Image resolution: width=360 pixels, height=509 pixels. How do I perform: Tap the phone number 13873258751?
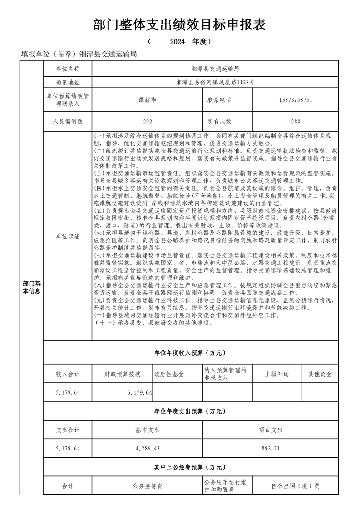296,100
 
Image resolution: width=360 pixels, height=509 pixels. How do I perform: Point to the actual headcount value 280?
296,122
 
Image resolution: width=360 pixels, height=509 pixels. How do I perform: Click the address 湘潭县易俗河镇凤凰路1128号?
215,83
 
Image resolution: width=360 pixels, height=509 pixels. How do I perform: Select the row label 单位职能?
67,236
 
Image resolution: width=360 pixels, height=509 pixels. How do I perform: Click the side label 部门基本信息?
31,287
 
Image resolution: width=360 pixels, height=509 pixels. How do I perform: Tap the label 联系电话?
219,100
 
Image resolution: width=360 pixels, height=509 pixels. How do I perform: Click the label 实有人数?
219,122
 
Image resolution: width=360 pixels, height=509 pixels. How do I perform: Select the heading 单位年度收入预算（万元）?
190,352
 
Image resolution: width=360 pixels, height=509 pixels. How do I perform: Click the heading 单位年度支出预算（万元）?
190,411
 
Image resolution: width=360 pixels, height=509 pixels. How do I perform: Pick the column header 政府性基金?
169,374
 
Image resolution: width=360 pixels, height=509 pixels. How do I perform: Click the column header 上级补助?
277,374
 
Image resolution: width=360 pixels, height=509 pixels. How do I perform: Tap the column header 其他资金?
320,374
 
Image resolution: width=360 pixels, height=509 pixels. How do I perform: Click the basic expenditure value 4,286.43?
148,448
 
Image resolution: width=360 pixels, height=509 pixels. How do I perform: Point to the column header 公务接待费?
148,486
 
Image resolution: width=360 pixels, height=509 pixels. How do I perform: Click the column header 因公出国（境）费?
296,486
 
